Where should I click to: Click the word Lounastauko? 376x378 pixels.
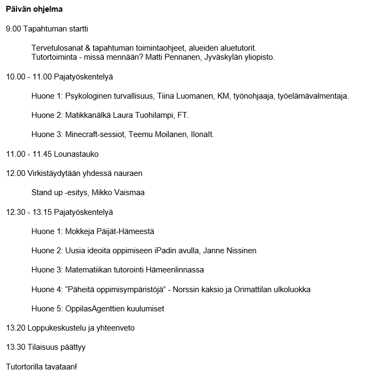[x=76, y=154]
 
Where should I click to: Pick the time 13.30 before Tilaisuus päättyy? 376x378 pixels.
[x=15, y=347]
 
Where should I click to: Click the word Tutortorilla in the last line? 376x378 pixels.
[x=24, y=367]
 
